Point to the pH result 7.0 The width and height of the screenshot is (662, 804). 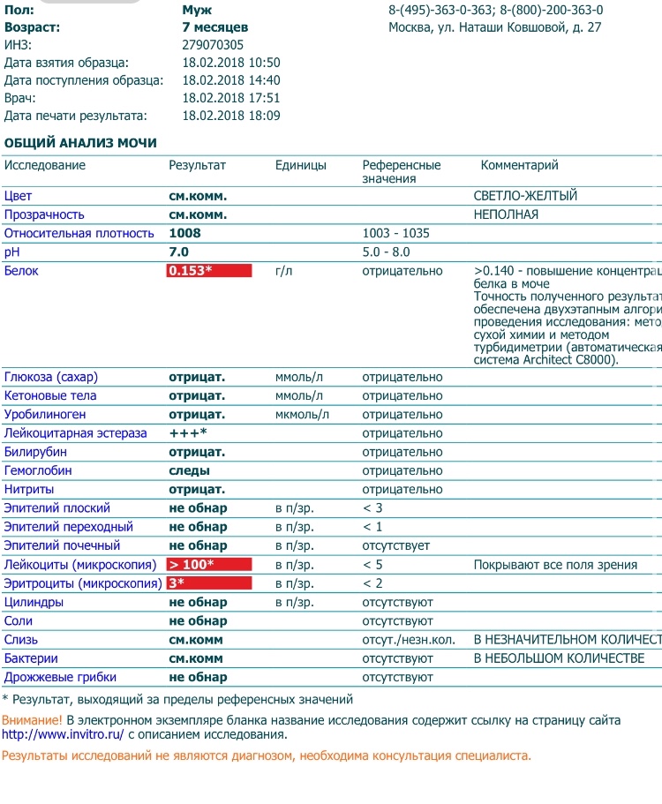178,252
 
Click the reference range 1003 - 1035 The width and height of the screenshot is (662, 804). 396,234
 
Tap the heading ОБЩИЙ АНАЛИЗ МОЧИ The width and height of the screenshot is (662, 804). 81,143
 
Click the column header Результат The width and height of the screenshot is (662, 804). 197,165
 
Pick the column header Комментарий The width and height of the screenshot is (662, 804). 519,165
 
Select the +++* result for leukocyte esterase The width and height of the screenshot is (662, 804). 188,433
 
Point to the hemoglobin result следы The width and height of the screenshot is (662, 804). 189,470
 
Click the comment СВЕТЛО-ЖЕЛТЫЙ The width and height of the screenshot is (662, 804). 525,196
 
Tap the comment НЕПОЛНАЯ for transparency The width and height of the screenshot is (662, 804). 506,214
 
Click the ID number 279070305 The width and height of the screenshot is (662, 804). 213,45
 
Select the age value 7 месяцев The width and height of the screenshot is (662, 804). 214,27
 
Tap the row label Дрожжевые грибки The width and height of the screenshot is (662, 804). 60,677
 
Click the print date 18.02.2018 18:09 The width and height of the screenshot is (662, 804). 230,116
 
